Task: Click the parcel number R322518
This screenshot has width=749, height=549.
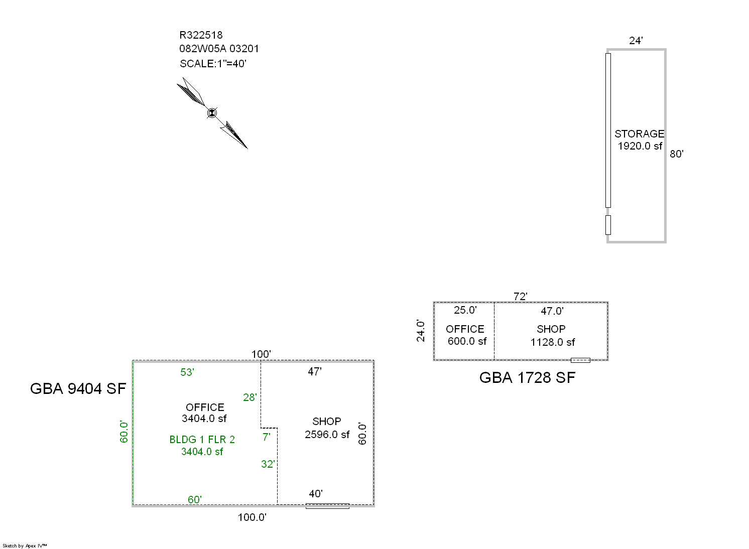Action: (x=201, y=35)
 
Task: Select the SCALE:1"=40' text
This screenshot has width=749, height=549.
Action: (x=213, y=64)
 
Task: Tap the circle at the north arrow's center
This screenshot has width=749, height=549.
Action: (x=212, y=113)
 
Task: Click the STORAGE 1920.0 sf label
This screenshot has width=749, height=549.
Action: (x=640, y=140)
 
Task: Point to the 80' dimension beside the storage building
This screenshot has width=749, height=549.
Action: (x=676, y=154)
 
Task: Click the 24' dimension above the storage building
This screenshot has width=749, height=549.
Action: (x=636, y=41)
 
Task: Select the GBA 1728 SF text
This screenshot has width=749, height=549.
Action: (x=527, y=377)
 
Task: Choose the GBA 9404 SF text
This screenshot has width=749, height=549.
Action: (x=78, y=388)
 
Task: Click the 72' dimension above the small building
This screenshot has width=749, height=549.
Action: (x=520, y=297)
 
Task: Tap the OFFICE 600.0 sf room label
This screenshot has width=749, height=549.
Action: (x=465, y=335)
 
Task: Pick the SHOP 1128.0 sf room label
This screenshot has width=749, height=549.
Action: (x=552, y=336)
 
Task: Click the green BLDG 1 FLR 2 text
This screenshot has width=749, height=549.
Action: (x=202, y=440)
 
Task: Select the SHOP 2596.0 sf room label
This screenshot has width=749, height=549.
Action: (x=327, y=428)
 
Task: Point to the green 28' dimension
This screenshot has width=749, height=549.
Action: (x=250, y=397)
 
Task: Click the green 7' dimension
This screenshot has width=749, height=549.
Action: (x=266, y=437)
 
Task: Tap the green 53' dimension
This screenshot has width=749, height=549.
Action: (x=187, y=372)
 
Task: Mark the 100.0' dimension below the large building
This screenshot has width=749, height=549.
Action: (x=252, y=517)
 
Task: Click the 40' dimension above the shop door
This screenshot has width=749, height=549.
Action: (x=315, y=494)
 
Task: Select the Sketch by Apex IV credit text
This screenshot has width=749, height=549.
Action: (x=25, y=545)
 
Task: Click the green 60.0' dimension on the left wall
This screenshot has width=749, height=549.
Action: (x=124, y=432)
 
